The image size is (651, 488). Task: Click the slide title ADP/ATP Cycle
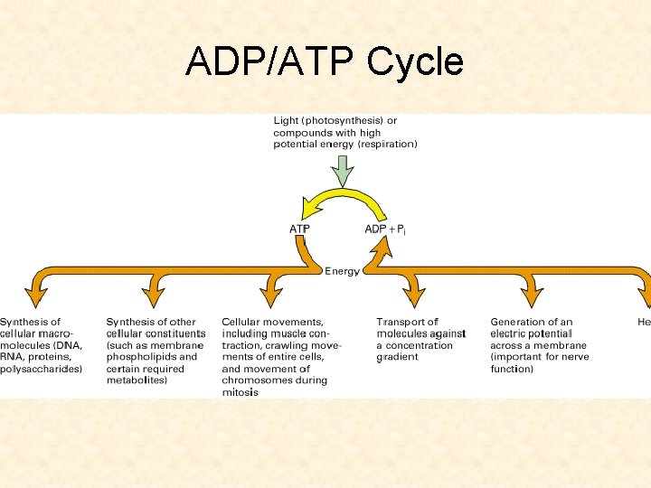[x=325, y=62]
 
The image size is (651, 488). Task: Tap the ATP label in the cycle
[x=300, y=229]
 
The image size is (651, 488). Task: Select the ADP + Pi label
[x=385, y=229]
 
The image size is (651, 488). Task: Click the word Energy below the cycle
[x=343, y=270]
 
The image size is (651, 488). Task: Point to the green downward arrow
[x=343, y=169]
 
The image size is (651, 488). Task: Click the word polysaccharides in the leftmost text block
[x=42, y=369]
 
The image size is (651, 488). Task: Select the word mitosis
[x=241, y=392]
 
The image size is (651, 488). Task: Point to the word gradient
[x=398, y=357]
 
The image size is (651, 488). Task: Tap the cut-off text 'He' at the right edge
[x=643, y=322]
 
